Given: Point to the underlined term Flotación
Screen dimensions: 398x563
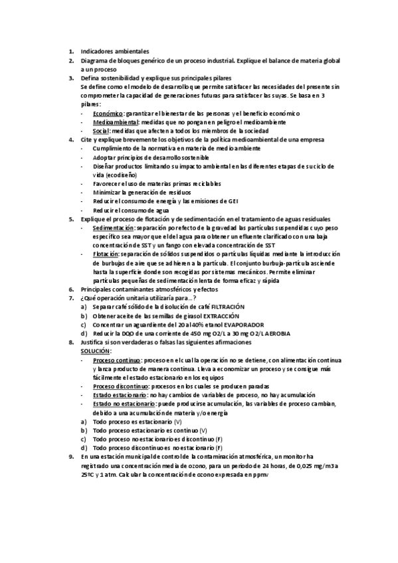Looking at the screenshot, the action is pyautogui.click(x=106, y=254).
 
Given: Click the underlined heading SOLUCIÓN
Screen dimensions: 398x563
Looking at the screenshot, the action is pyautogui.click(x=96, y=350).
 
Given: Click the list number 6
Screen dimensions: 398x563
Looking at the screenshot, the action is pyautogui.click(x=71, y=289).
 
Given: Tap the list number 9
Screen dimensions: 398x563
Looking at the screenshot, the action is pyautogui.click(x=71, y=456).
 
